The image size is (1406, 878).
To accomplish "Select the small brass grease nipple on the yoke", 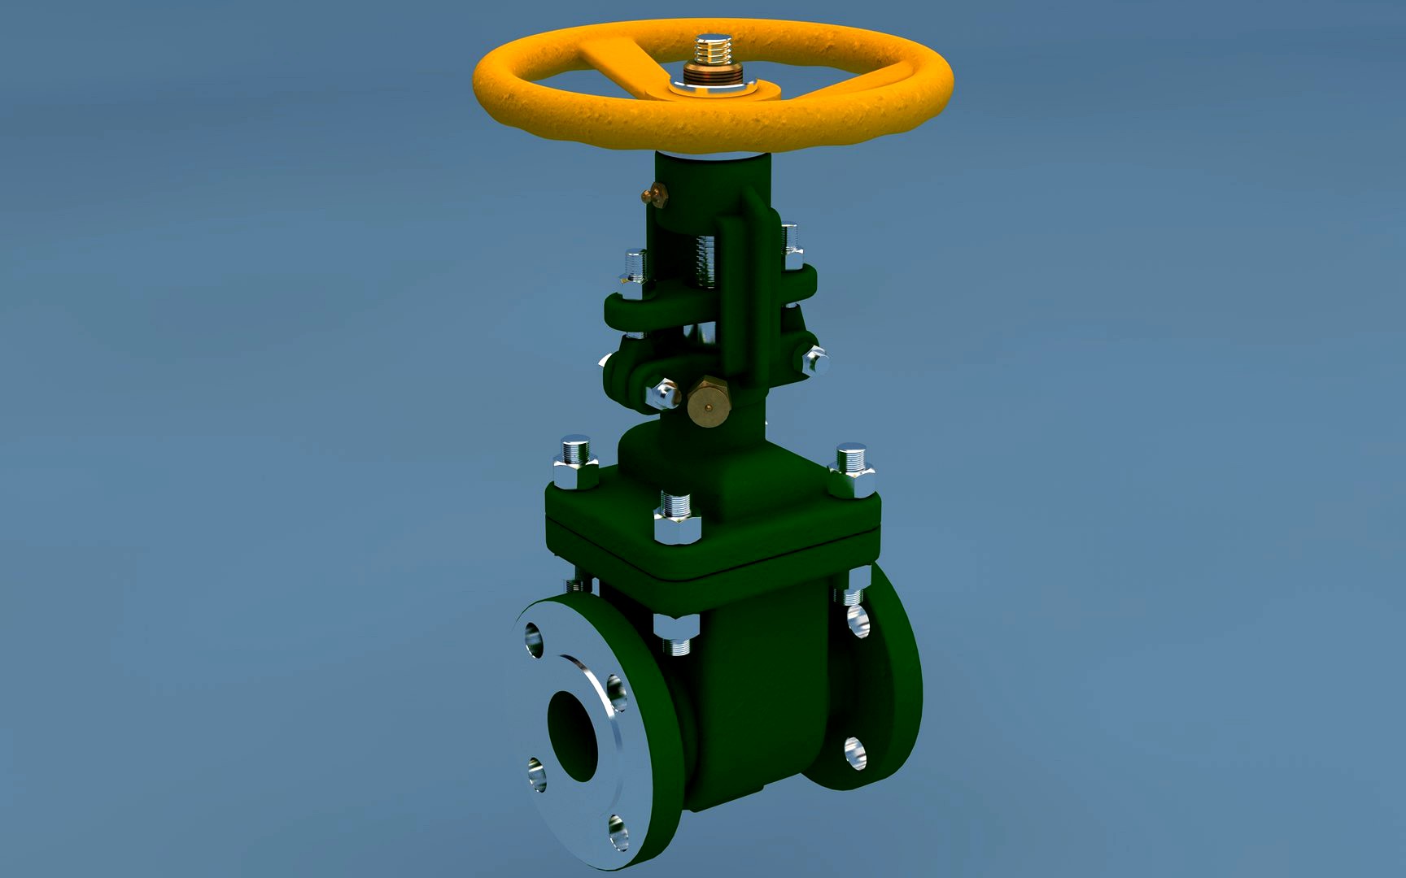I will click(x=653, y=194).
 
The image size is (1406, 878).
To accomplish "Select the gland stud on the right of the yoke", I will click(x=791, y=245).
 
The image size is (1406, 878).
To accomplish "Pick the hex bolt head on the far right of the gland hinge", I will click(x=814, y=359).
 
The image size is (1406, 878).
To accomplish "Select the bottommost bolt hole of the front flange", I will click(x=618, y=832).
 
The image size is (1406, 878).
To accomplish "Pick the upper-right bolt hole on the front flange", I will click(x=616, y=693).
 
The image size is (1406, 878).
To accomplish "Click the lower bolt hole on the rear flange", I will click(x=854, y=754).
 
